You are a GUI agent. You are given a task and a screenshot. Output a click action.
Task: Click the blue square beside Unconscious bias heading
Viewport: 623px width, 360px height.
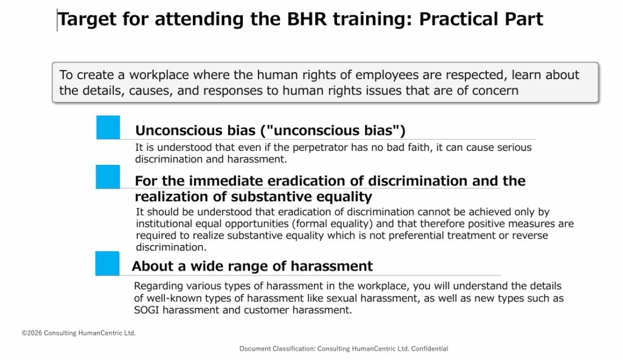[x=108, y=127]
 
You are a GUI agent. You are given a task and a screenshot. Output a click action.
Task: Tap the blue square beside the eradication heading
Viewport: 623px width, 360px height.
[x=108, y=177]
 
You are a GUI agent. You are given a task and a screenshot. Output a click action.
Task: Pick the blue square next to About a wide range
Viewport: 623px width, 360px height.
[x=107, y=263]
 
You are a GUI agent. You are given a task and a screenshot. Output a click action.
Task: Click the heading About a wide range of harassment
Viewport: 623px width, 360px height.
[x=252, y=266]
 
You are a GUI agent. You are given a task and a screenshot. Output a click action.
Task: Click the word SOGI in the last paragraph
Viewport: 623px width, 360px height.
[x=147, y=310]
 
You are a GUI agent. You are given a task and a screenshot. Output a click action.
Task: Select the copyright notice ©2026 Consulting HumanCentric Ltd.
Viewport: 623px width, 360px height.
[x=78, y=333]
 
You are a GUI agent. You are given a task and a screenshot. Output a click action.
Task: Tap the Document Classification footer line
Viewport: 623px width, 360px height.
[x=344, y=348]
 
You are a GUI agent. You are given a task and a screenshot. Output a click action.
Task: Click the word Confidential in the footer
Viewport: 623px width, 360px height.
[x=430, y=348]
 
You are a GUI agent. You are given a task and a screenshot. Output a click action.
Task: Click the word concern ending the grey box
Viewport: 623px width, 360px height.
[x=495, y=91]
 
